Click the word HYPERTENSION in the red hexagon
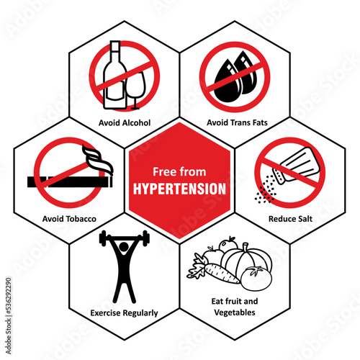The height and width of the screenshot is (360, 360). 179,189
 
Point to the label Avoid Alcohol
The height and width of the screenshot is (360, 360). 125,122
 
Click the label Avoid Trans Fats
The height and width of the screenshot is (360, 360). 237,122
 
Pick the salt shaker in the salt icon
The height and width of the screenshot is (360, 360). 297,165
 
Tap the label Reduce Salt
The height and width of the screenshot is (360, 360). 290,219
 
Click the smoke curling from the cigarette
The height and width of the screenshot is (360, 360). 97,158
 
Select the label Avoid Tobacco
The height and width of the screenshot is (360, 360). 69,219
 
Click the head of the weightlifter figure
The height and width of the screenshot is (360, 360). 124,246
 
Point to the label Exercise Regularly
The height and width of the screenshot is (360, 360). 124,313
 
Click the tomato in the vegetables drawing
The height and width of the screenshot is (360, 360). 256,278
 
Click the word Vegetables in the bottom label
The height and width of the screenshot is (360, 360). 235,312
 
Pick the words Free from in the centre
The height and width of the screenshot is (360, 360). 179,172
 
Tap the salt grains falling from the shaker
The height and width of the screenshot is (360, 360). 265,189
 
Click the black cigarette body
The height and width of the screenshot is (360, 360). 70,182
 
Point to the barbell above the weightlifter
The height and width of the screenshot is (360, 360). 125,238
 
